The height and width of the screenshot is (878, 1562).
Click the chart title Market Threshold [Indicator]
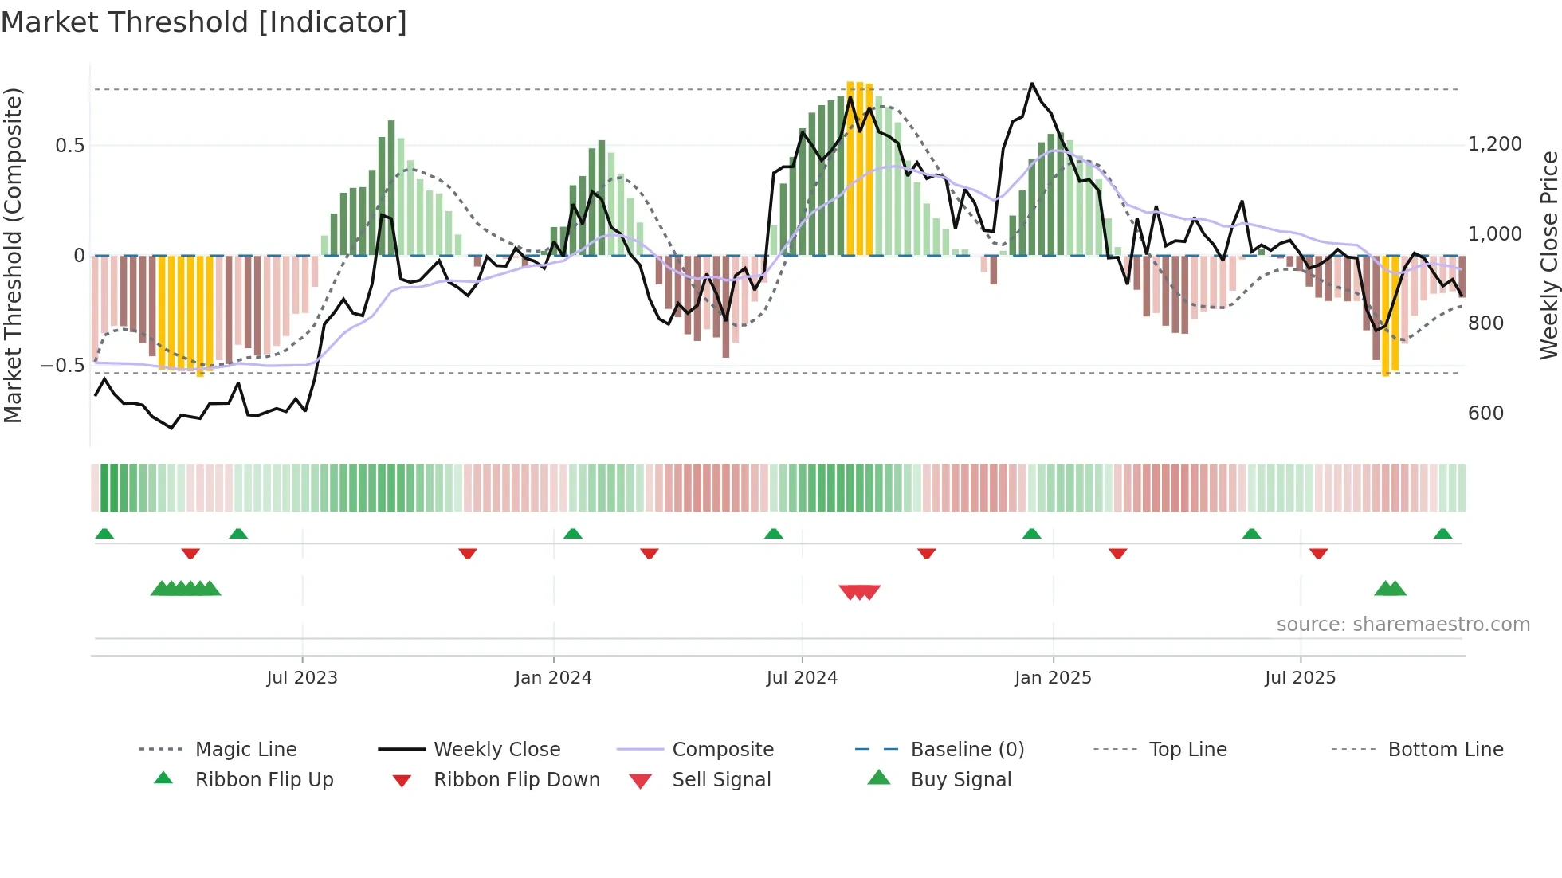click(204, 22)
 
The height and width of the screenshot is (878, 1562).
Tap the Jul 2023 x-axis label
click(302, 678)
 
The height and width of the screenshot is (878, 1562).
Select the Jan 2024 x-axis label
click(553, 678)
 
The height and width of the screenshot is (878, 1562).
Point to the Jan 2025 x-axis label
click(1053, 678)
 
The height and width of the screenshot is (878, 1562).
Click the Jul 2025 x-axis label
click(1300, 678)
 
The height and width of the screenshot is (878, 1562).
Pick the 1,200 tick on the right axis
click(1494, 144)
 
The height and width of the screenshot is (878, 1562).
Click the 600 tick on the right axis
click(1485, 414)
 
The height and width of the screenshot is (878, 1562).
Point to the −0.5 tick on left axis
click(62, 366)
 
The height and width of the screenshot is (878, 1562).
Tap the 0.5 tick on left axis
click(69, 146)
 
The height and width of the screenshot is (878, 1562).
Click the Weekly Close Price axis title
click(1548, 255)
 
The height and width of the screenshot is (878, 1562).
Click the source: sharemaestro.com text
click(1403, 625)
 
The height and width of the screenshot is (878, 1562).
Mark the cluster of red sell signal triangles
click(859, 592)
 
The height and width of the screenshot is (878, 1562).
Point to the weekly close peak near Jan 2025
click(1032, 84)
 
